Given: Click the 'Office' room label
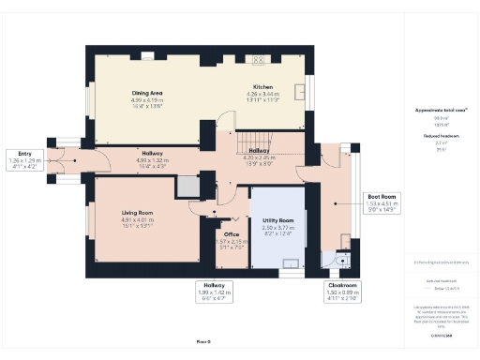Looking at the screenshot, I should click(x=231, y=234).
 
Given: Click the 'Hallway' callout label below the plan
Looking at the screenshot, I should click(x=213, y=284).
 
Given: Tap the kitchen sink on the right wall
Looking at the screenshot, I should click(x=299, y=92).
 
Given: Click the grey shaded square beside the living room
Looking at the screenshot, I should click(x=187, y=186).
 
